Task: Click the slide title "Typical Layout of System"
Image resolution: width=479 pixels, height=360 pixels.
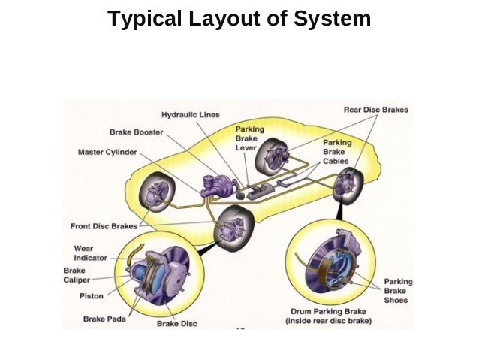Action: coord(239,19)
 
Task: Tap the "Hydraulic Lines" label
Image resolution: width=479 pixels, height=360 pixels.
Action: coord(191,115)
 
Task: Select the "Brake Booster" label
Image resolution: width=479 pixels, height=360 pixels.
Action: coord(136,132)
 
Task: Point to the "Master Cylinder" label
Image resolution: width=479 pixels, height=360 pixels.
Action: coord(107,153)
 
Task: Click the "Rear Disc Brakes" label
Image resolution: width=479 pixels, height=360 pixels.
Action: coord(375,110)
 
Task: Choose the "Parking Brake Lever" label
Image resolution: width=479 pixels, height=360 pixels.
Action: coord(250,138)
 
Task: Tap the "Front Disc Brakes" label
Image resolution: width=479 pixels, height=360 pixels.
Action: coord(104,226)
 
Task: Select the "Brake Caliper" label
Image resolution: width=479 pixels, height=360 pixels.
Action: coord(77,275)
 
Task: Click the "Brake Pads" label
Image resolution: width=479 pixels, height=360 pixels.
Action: coord(104,319)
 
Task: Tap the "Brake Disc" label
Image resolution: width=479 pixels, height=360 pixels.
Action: coord(176,324)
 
